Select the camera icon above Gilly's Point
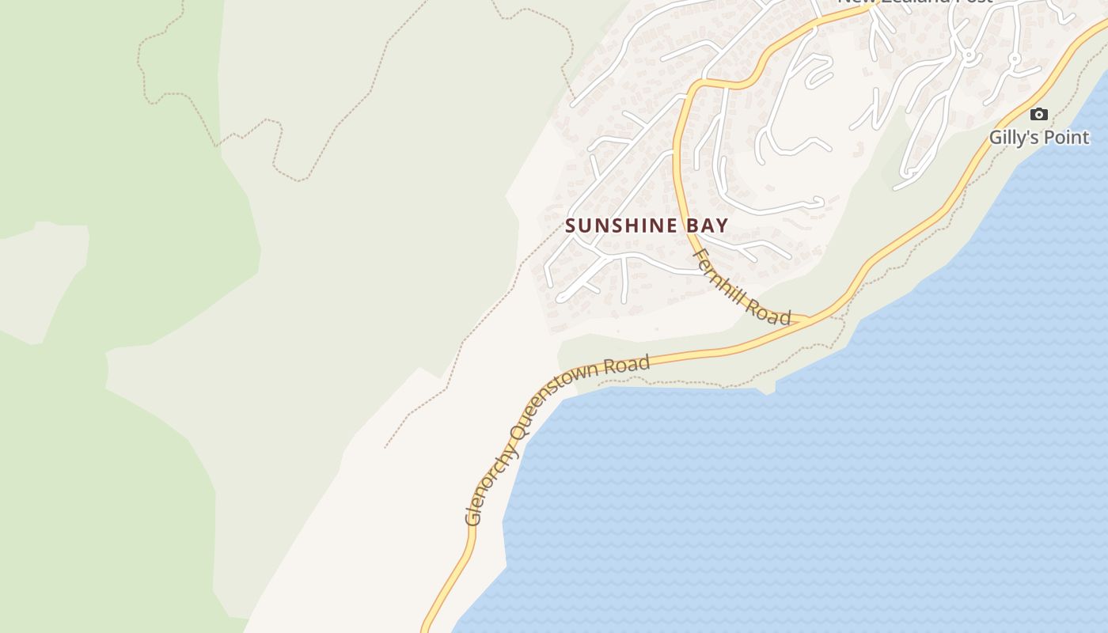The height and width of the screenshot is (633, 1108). [x=1039, y=115]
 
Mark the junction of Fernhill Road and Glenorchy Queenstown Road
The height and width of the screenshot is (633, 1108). [x=809, y=320]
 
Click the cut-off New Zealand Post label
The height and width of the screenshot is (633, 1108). [x=914, y=2]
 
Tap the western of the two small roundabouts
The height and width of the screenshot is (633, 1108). [x=967, y=55]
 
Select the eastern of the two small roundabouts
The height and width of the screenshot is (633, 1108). [x=1015, y=59]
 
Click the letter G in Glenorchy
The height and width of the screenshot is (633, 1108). [x=473, y=518]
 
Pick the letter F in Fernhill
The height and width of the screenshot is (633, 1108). [x=700, y=256]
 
